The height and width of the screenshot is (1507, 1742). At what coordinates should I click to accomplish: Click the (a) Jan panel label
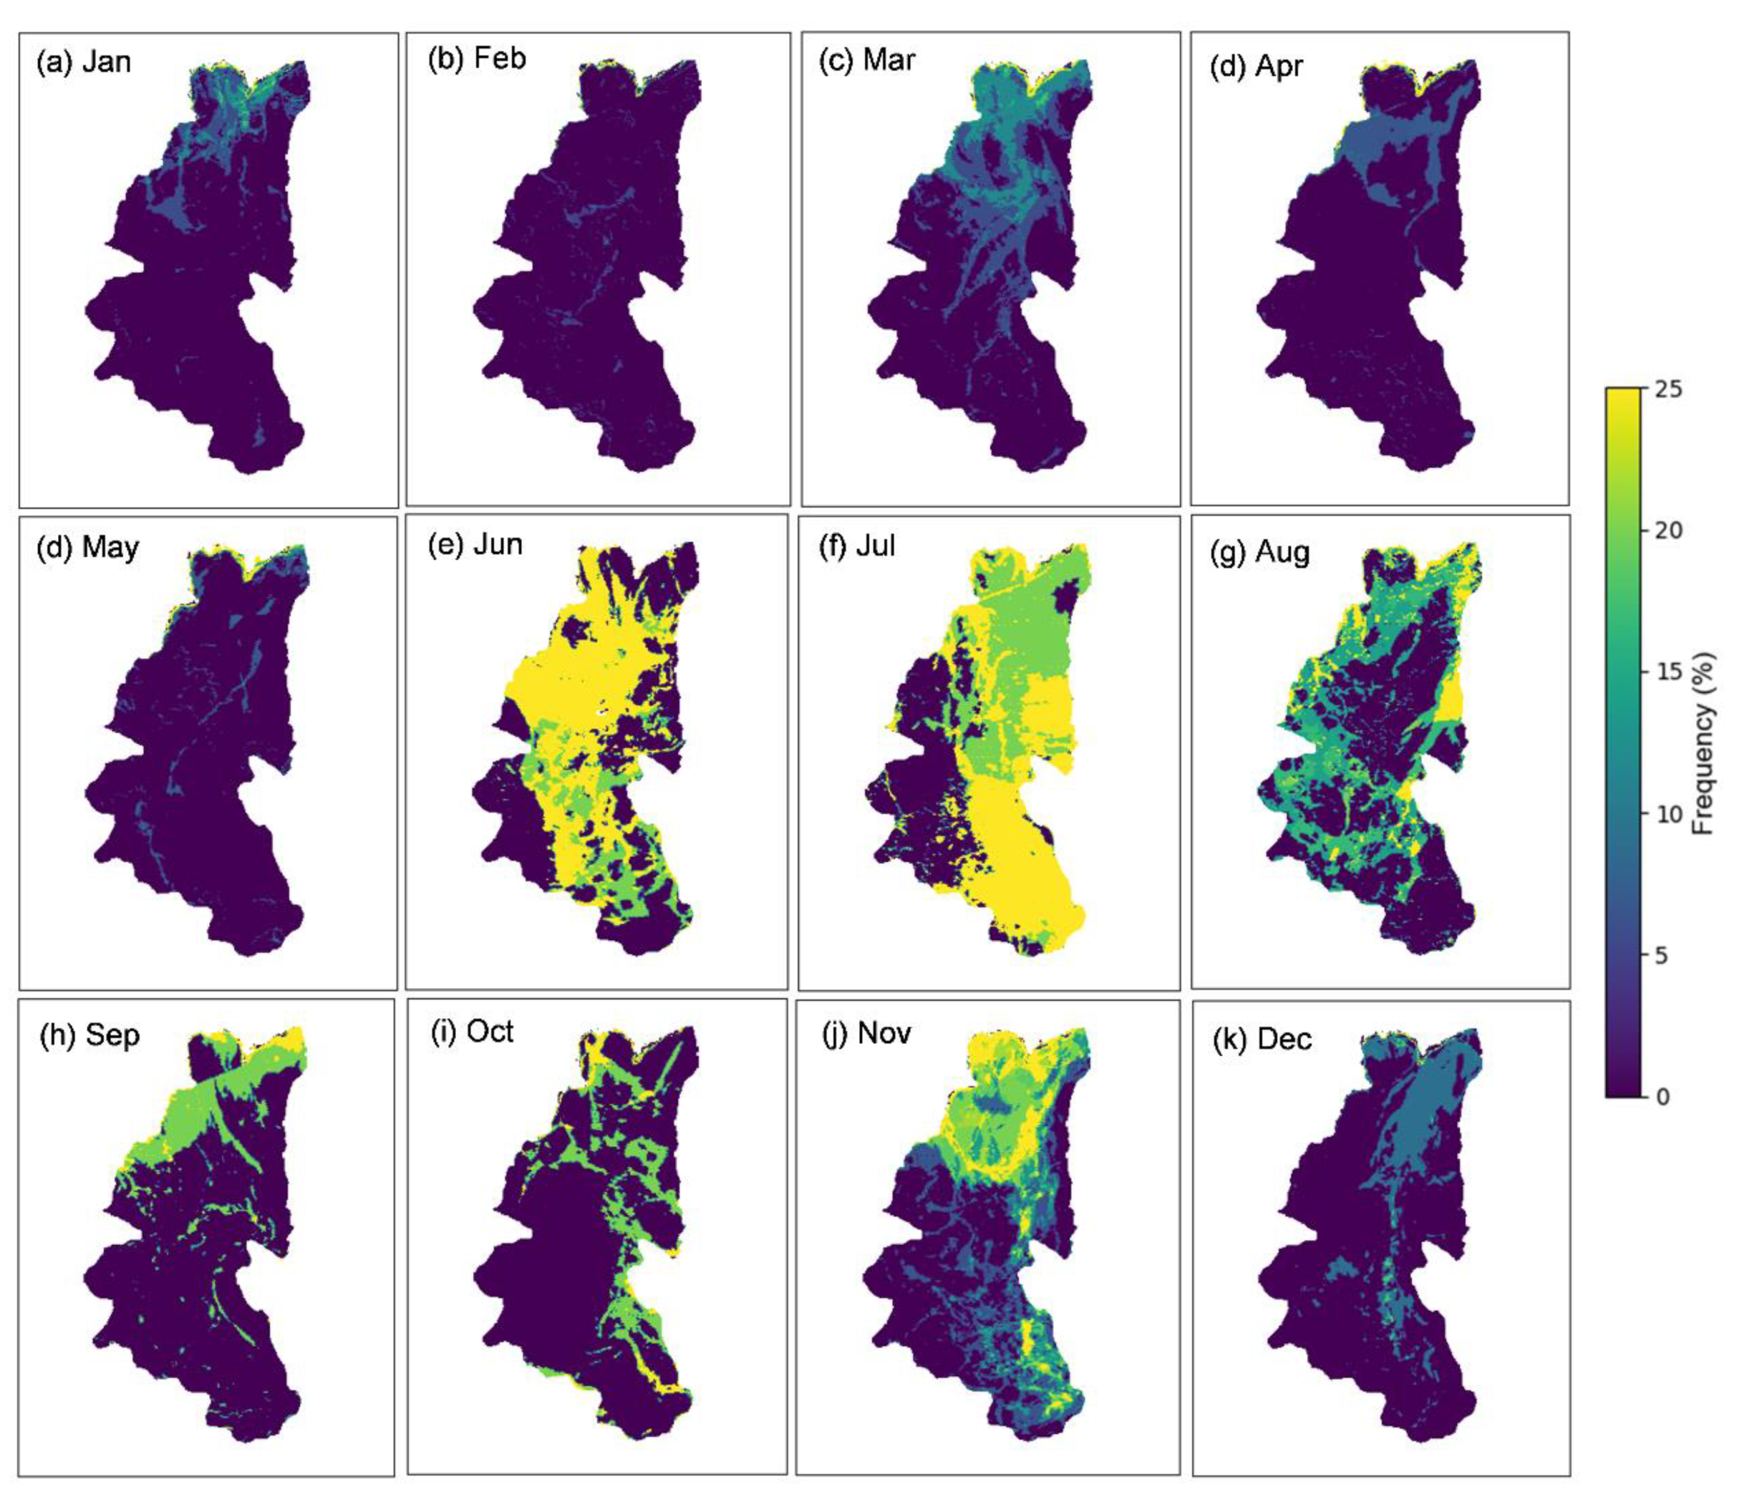click(x=83, y=62)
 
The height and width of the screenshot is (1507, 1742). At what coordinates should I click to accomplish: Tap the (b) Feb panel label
click(x=476, y=59)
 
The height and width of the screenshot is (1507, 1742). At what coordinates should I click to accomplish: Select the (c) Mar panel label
click(x=867, y=60)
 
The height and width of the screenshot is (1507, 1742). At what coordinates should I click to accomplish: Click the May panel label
click(x=88, y=548)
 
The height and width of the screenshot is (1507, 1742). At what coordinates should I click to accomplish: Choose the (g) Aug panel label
click(x=1260, y=553)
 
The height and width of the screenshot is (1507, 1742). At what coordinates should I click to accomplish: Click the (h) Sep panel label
click(x=89, y=1034)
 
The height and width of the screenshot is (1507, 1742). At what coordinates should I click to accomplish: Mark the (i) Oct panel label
click(x=472, y=1031)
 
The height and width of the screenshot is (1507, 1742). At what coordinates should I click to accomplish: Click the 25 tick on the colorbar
click(x=1668, y=389)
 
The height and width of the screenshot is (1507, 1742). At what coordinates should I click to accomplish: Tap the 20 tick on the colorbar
click(x=1668, y=530)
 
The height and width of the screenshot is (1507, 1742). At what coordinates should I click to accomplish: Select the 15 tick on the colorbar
click(x=1668, y=672)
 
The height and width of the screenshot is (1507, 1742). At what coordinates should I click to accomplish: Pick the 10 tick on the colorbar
click(x=1668, y=813)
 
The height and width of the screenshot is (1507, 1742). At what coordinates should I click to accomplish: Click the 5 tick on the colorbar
click(x=1663, y=955)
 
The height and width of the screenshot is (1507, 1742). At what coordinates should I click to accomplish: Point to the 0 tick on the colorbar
click(x=1663, y=1097)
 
